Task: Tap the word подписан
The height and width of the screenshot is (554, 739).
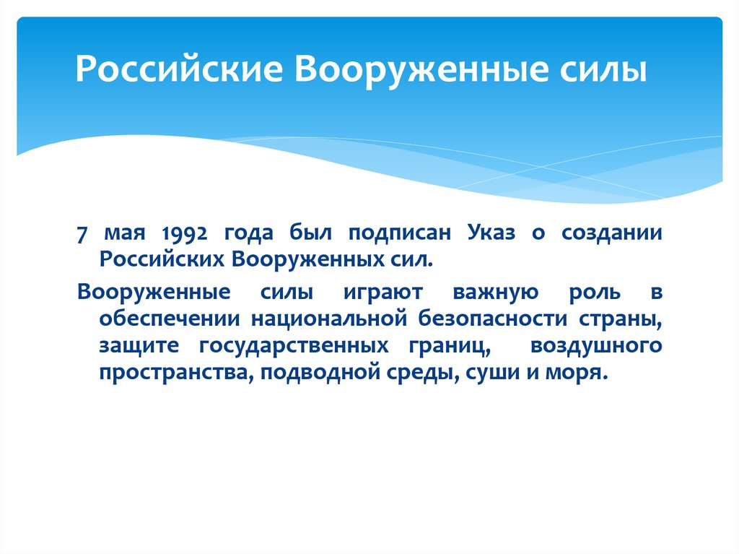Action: pyautogui.click(x=408, y=234)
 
